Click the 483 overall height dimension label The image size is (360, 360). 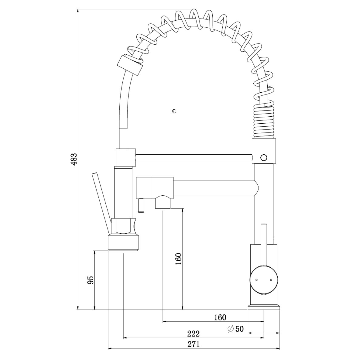click(x=74, y=159)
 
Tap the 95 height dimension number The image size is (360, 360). click(x=91, y=280)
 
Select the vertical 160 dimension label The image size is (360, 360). click(x=178, y=259)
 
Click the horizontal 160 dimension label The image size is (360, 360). click(x=220, y=317)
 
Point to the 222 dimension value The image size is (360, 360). click(x=193, y=334)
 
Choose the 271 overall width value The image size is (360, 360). click(x=194, y=345)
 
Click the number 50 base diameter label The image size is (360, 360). click(x=239, y=329)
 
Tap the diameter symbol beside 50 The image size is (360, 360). click(x=231, y=329)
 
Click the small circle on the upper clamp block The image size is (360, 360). click(x=264, y=157)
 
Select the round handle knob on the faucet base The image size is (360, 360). click(x=264, y=279)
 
